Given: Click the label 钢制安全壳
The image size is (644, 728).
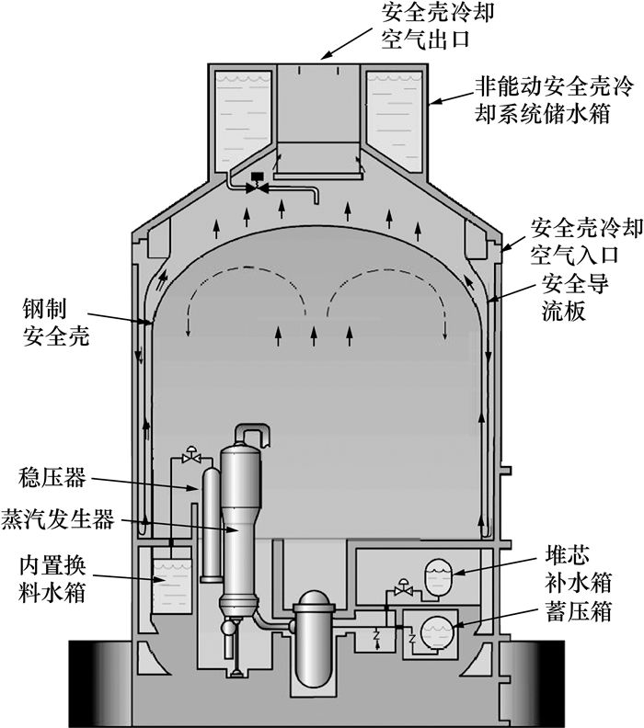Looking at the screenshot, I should [x=52, y=316].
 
